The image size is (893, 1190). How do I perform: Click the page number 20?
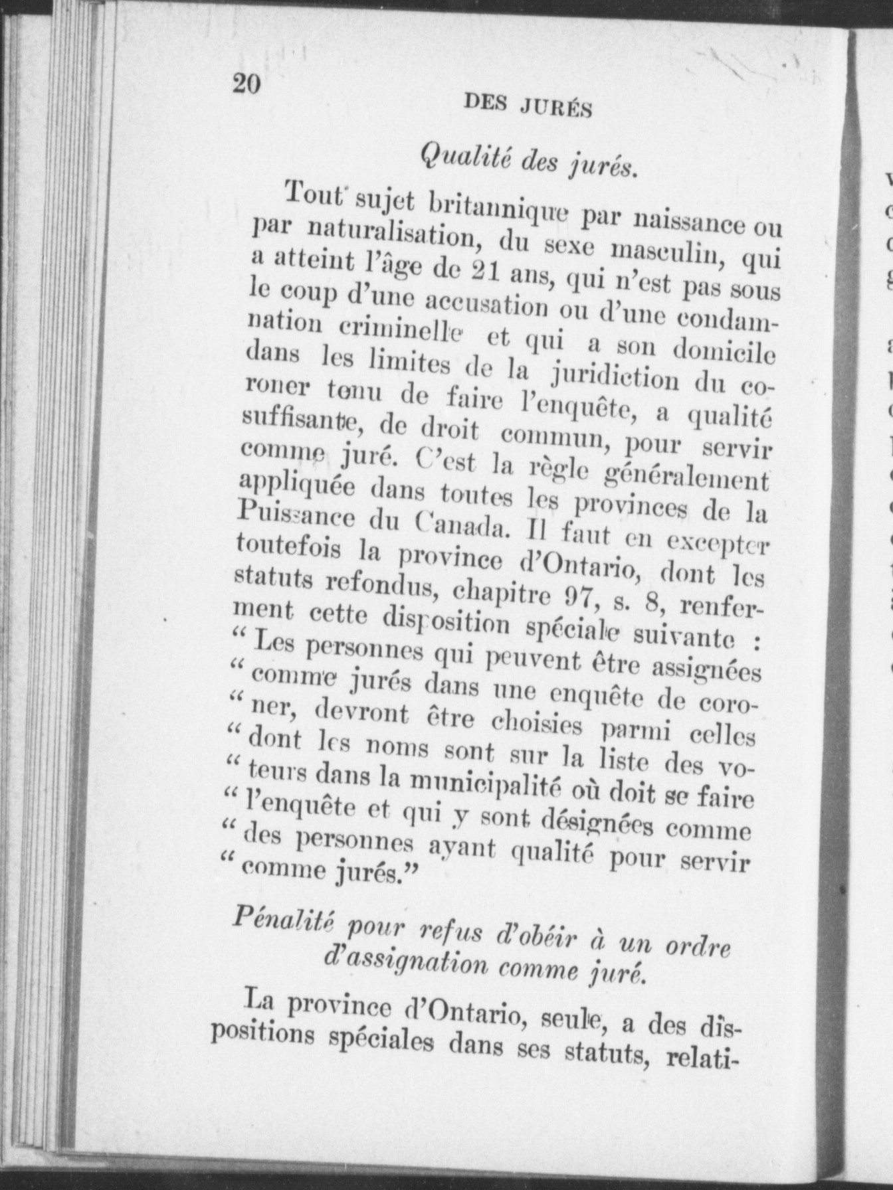coord(246,85)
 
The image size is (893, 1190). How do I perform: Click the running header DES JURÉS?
coord(528,106)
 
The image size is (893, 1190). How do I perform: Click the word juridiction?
coord(613,377)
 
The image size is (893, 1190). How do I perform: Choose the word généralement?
coord(688,475)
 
